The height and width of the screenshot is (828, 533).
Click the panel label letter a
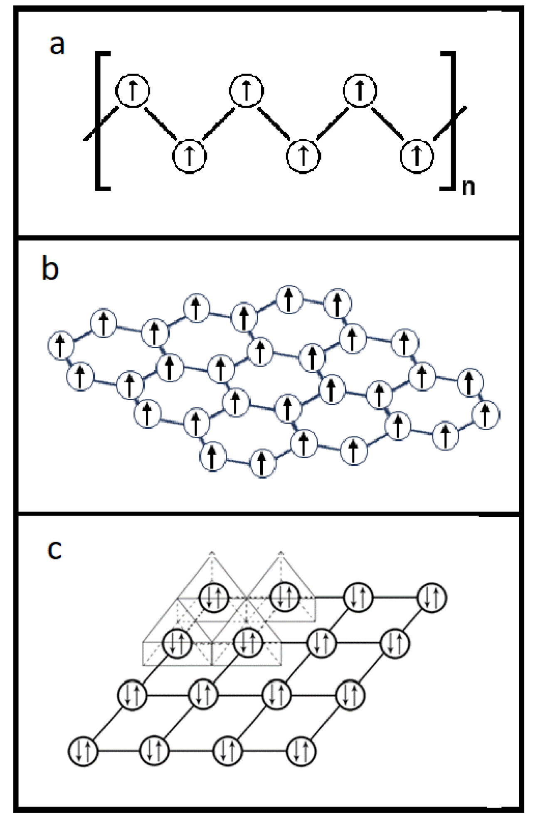point(57,44)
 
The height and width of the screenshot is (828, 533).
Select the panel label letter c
point(54,549)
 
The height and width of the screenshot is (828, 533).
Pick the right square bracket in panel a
point(450,120)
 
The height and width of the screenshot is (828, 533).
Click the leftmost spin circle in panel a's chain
point(133,91)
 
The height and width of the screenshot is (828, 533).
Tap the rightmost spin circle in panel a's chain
point(417,155)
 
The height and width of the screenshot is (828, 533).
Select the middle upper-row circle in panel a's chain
point(247,91)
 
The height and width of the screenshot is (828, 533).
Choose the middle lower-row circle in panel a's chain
point(304,155)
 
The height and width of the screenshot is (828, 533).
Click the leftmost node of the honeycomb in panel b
point(61,345)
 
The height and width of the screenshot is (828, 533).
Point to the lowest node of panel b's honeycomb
point(262,463)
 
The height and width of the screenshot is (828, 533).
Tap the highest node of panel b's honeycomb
point(290,298)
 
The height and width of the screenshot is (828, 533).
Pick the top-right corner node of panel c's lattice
point(432,598)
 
